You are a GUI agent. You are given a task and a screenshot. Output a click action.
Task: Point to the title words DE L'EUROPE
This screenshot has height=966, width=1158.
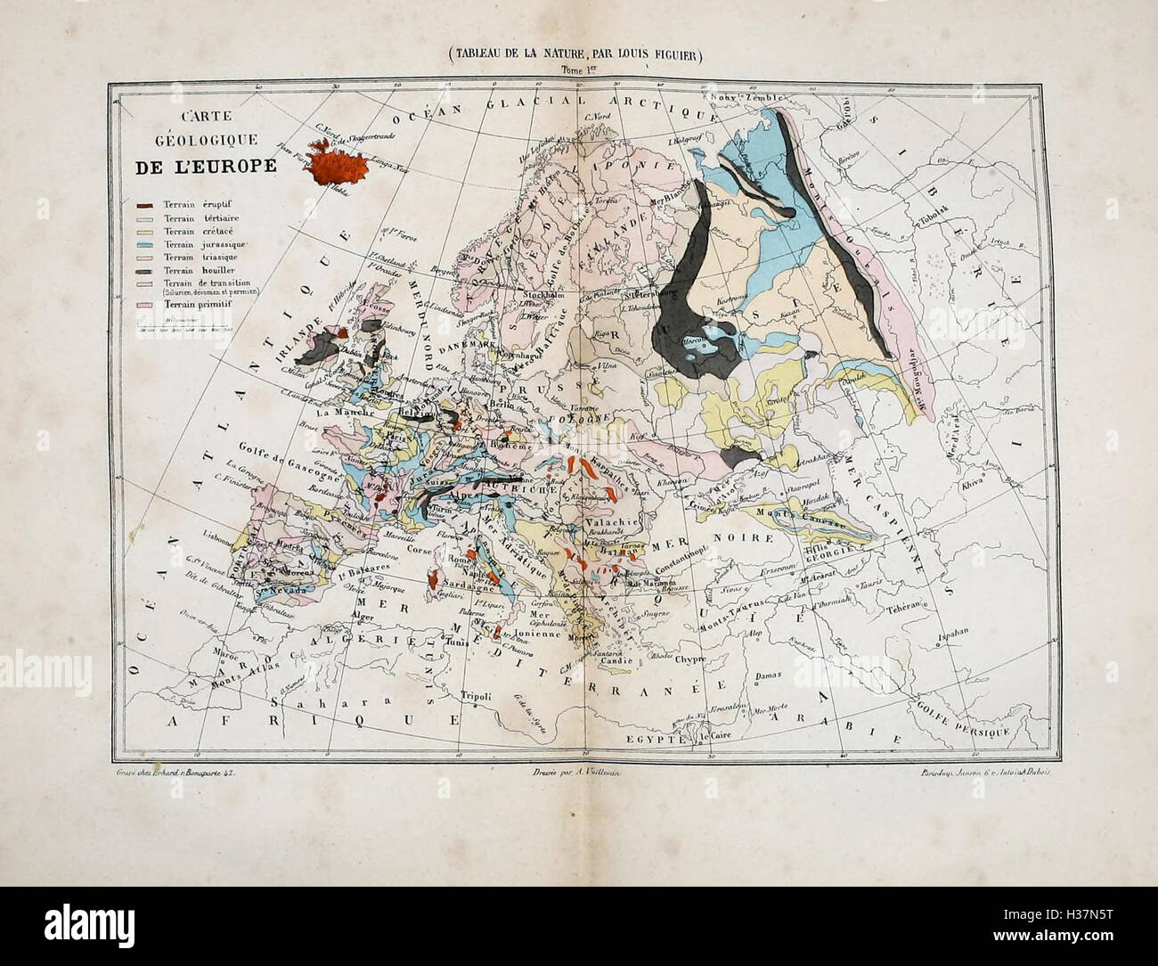pyautogui.click(x=205, y=168)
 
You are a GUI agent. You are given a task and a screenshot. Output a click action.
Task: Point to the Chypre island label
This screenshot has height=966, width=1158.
pyautogui.click(x=689, y=659)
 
